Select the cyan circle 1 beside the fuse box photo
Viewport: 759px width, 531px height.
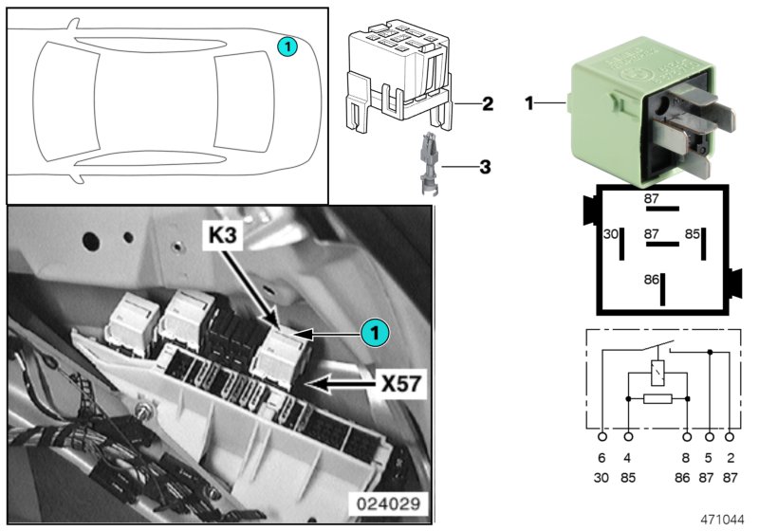point(375,333)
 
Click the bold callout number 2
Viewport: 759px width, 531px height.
point(487,103)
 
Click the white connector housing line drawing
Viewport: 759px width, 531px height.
point(398,76)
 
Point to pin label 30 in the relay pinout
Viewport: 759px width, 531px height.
point(612,233)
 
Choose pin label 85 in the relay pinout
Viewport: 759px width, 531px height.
point(693,233)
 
